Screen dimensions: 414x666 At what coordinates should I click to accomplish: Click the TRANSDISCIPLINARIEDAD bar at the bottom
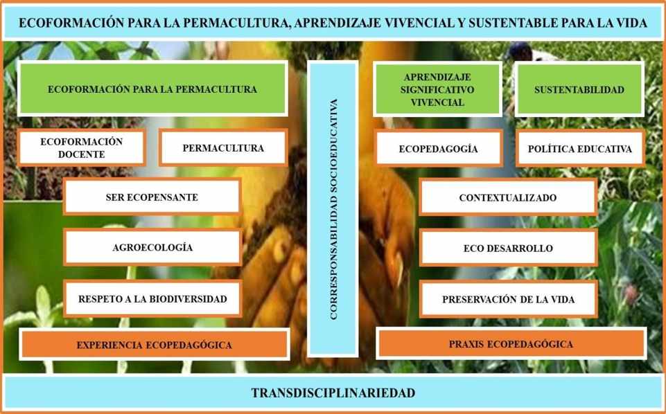333,393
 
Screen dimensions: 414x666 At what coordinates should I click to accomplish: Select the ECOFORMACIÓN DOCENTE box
82,148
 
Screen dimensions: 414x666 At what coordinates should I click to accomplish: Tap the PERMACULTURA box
223,148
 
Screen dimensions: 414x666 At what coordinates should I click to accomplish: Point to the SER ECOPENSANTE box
152,197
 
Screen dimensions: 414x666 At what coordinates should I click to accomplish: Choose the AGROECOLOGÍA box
152,247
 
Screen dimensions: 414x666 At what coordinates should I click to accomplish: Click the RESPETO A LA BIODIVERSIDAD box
152,299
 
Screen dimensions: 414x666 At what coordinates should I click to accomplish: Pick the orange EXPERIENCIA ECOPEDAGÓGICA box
154,345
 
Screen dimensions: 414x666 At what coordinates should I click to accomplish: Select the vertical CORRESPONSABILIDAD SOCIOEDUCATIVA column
333,208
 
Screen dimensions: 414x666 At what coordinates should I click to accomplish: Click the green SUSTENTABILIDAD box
579,89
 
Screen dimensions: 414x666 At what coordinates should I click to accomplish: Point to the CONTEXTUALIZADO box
507,198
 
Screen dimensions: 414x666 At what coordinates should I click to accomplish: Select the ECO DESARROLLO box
507,248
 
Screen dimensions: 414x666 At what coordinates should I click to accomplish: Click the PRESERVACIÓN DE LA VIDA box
507,300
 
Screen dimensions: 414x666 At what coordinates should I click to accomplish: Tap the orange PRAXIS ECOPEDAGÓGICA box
511,344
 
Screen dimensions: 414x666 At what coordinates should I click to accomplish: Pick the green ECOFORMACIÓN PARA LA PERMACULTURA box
152,89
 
